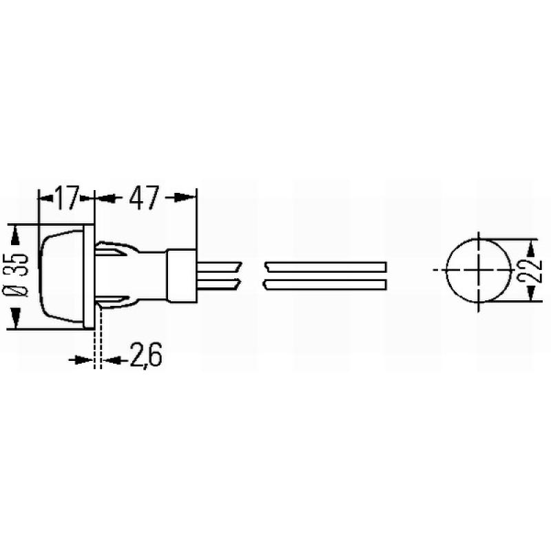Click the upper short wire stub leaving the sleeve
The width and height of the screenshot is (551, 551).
[x=217, y=266]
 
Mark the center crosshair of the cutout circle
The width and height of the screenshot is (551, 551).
[x=477, y=270]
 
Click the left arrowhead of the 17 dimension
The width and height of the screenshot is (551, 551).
[x=45, y=198]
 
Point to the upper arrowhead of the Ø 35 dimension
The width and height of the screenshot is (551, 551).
[x=16, y=232]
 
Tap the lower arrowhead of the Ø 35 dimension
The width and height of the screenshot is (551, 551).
[x=16, y=319]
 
